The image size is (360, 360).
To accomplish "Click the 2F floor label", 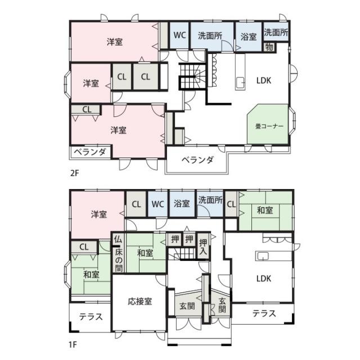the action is pyautogui.click(x=74, y=173).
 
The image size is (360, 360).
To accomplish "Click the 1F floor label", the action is pyautogui.click(x=73, y=345).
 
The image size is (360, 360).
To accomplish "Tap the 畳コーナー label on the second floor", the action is pyautogui.click(x=269, y=126).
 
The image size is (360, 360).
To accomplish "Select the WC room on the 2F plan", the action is pyautogui.click(x=179, y=35).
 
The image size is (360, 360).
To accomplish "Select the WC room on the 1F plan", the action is pyautogui.click(x=157, y=204).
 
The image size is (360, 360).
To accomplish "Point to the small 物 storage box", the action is pyautogui.click(x=269, y=47).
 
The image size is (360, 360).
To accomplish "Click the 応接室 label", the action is pyautogui.click(x=140, y=301).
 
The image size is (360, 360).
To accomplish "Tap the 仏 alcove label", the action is pyautogui.click(x=118, y=240).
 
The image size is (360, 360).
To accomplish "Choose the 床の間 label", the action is pyautogui.click(x=119, y=260).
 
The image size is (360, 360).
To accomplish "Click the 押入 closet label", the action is pyautogui.click(x=203, y=246).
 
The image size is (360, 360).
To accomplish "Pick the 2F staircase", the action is pyautogui.click(x=192, y=76).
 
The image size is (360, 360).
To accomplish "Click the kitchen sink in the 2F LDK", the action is pyautogui.click(x=240, y=81).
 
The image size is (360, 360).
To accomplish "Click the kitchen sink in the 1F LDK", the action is pyautogui.click(x=263, y=256).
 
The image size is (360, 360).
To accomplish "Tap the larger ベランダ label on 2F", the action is pyautogui.click(x=197, y=160).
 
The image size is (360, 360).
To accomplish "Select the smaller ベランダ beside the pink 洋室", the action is pyautogui.click(x=90, y=152).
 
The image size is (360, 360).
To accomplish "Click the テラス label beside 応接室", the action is pyautogui.click(x=91, y=317).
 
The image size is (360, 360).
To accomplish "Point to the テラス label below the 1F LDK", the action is pyautogui.click(x=264, y=313).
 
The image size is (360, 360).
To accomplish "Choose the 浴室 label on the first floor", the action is pyautogui.click(x=182, y=204).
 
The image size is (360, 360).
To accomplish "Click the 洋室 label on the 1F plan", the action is pyautogui.click(x=99, y=214).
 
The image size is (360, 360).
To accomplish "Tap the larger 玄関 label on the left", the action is pyautogui.click(x=187, y=306).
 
